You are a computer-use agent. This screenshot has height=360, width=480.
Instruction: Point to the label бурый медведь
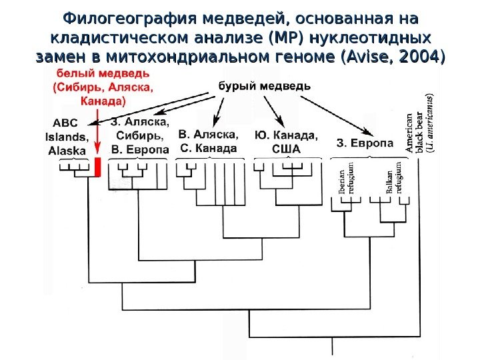264,87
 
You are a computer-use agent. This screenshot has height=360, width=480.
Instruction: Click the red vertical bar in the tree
97,167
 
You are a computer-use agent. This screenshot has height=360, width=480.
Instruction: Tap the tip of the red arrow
97,155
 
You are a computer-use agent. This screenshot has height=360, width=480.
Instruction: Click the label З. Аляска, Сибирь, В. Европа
139,135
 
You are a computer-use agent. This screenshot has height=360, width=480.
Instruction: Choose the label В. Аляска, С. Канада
209,141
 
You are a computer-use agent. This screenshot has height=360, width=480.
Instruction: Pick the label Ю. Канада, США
287,141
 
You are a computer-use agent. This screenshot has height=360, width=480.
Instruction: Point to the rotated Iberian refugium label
346,179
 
